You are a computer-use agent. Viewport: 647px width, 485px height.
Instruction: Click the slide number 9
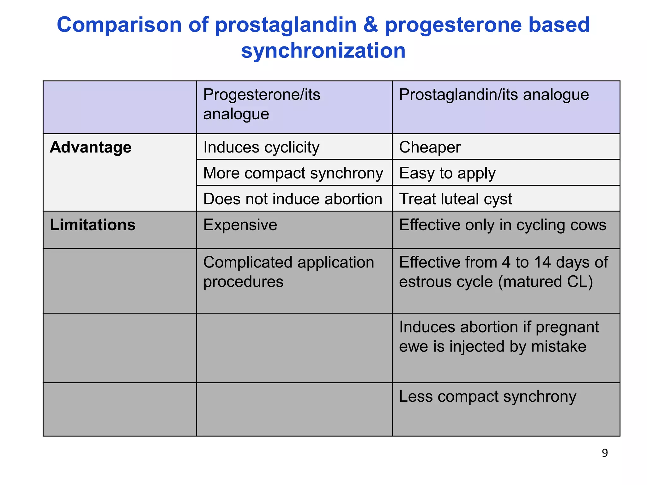click(604, 453)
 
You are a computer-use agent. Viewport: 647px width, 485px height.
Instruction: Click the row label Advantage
click(90, 147)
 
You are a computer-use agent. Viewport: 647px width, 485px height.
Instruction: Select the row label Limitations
click(93, 225)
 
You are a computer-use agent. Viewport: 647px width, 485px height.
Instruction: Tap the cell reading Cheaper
click(430, 147)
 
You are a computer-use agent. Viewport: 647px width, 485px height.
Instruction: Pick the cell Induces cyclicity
click(261, 147)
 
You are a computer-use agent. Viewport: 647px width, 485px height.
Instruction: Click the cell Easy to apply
click(447, 173)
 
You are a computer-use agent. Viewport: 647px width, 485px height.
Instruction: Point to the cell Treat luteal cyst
click(455, 199)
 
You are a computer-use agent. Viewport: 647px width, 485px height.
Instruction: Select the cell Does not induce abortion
click(293, 199)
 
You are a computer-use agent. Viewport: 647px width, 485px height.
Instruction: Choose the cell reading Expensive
click(240, 225)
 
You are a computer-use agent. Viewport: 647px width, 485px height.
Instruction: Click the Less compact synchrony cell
click(487, 397)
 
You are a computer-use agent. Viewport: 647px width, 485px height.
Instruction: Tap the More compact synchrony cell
click(293, 173)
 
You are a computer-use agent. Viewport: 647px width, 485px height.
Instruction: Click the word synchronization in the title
click(323, 51)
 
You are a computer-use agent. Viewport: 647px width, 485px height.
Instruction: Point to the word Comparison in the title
click(119, 25)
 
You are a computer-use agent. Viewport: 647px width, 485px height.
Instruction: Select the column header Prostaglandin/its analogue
click(494, 95)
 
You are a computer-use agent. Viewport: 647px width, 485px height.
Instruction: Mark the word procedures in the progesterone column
click(243, 282)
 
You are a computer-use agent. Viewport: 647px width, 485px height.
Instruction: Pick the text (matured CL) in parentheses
click(545, 282)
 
